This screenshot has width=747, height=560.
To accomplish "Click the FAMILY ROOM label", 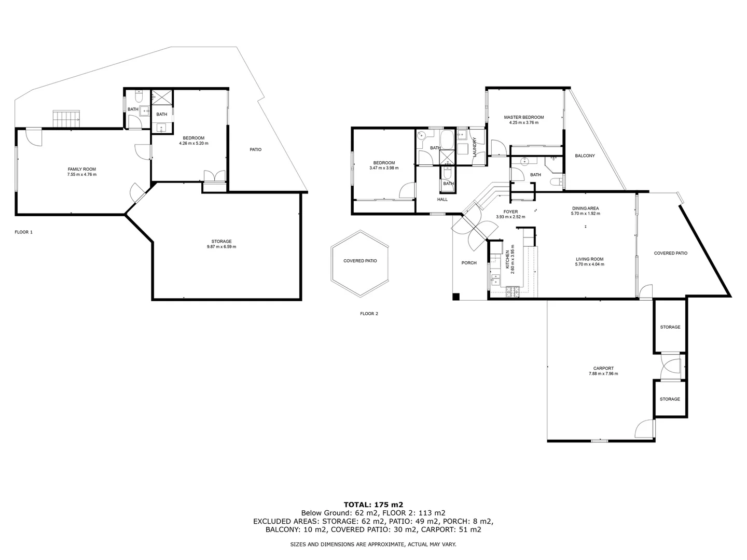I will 82,169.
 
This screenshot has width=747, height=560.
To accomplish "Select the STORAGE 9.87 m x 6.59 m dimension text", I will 222,247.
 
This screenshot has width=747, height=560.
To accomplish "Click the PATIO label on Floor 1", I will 255,149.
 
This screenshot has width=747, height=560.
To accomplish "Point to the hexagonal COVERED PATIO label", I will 360,261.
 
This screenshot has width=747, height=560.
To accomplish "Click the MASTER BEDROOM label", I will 524,117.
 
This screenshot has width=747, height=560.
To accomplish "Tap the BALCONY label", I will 585,156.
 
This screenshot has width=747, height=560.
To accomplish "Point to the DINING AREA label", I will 585,208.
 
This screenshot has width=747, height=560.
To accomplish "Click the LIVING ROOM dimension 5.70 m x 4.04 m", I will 589,264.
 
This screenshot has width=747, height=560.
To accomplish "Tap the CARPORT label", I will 603,368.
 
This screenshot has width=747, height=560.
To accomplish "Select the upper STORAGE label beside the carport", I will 670,327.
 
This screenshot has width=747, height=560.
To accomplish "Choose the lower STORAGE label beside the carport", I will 670,399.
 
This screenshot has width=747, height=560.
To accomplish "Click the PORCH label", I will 469,263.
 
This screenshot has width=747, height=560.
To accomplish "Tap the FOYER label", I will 510,212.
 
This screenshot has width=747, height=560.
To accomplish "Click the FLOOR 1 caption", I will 23,232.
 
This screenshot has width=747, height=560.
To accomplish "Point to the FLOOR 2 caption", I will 369,313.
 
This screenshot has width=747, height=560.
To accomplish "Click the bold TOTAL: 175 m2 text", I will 374,504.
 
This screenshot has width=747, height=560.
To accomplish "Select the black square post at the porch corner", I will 456,297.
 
